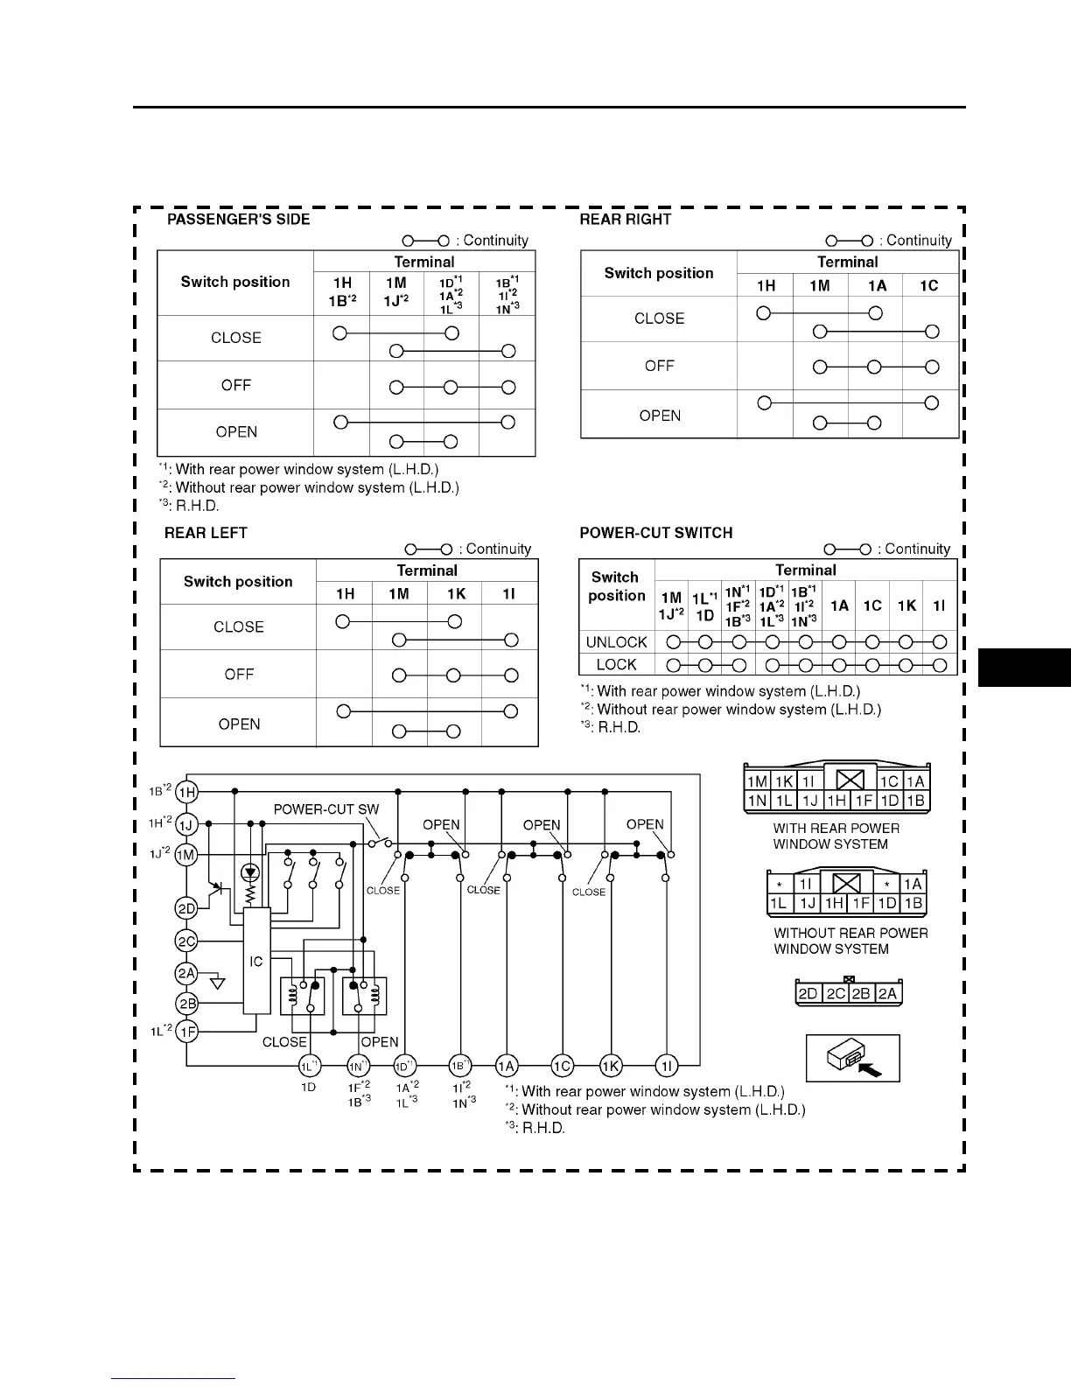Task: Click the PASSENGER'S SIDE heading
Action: pos(238,220)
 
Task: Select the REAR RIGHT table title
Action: pos(625,220)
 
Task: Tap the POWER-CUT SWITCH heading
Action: pos(655,533)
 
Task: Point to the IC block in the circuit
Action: pos(256,961)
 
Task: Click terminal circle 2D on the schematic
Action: pos(186,909)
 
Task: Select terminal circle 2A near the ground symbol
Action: pos(186,973)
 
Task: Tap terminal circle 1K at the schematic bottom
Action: pos(611,1066)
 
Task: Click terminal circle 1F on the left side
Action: pos(187,1032)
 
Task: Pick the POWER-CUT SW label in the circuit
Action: pos(325,809)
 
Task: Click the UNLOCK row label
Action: pos(616,642)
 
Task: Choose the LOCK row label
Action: pos(616,665)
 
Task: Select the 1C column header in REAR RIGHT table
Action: pos(929,285)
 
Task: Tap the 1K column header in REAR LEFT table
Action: pos(456,593)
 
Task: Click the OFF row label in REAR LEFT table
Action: pos(239,675)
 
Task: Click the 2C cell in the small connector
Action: pos(836,993)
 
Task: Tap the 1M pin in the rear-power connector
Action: pos(757,781)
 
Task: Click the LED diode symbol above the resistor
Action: pos(251,872)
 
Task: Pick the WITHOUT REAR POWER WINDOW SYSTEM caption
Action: pos(850,941)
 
